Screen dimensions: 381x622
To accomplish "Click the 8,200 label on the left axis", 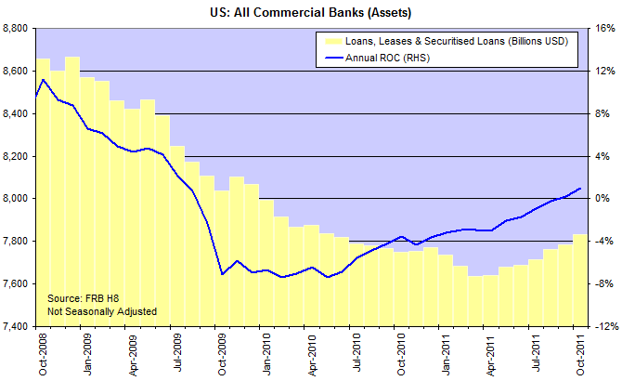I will [x=17, y=156].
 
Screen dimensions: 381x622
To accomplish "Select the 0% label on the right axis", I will [x=602, y=199].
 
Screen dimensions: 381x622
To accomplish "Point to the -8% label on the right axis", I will [x=603, y=283].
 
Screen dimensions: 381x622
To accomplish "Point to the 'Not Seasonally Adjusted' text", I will [x=101, y=311].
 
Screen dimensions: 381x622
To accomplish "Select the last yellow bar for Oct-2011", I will [x=579, y=280].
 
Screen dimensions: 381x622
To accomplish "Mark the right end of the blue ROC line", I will [x=580, y=189].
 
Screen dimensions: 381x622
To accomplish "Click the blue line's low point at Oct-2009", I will [x=222, y=274].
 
